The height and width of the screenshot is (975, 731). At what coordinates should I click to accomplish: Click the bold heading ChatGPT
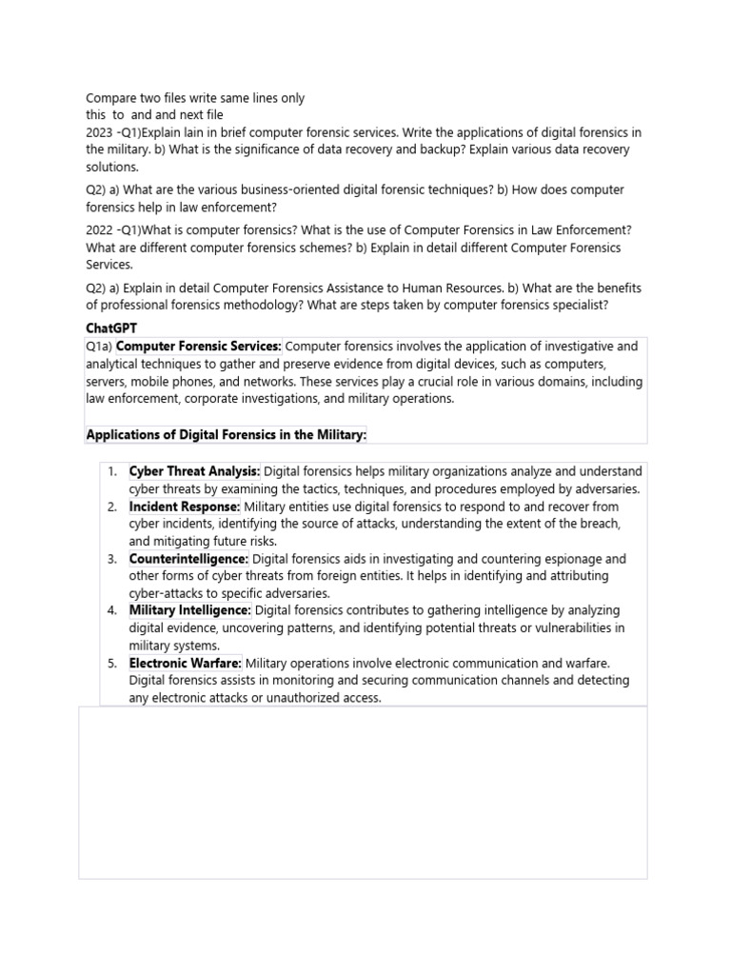click(x=111, y=328)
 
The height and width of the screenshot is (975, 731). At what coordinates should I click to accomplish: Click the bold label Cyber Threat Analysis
click(x=194, y=471)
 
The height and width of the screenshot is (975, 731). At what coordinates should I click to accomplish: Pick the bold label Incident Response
click(x=185, y=507)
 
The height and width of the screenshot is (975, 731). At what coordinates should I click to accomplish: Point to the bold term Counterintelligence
click(x=188, y=559)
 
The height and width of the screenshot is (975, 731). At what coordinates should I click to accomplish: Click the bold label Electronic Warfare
click(x=186, y=663)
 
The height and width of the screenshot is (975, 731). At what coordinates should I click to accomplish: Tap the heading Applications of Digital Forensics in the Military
click(x=226, y=435)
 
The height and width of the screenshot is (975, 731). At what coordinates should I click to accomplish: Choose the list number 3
click(x=111, y=559)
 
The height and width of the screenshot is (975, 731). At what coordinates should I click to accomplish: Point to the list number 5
click(x=111, y=663)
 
